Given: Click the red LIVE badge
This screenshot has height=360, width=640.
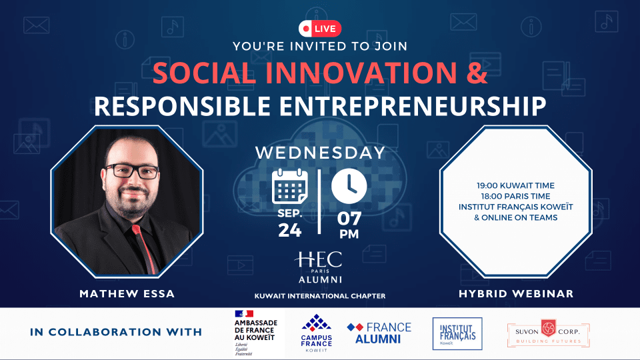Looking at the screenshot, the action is point(319,29).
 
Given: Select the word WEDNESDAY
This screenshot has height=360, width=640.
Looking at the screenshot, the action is point(321,153).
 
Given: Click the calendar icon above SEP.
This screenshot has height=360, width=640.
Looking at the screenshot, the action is point(290,186).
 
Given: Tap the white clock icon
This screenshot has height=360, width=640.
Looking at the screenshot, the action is point(349,186).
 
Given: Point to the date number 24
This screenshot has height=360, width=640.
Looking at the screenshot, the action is point(290,230).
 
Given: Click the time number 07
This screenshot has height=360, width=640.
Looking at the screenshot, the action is point(349,219).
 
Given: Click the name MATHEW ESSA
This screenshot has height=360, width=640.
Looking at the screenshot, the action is point(127,293).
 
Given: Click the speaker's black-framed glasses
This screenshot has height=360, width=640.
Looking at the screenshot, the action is point(131,171).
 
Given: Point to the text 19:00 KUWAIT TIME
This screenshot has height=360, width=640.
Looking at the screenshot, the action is point(515,185).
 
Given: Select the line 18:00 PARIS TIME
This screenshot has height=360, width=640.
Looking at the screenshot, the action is point(515,196).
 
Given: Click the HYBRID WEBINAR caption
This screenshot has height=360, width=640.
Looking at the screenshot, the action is point(516,293).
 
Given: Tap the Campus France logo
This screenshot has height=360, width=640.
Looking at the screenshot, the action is point(316,333).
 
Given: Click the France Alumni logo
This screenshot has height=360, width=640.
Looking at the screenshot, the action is point(379,333).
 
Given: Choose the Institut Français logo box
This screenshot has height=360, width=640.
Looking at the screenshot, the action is point(457,333).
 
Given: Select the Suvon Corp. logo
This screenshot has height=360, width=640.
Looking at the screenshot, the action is point(548,333).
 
